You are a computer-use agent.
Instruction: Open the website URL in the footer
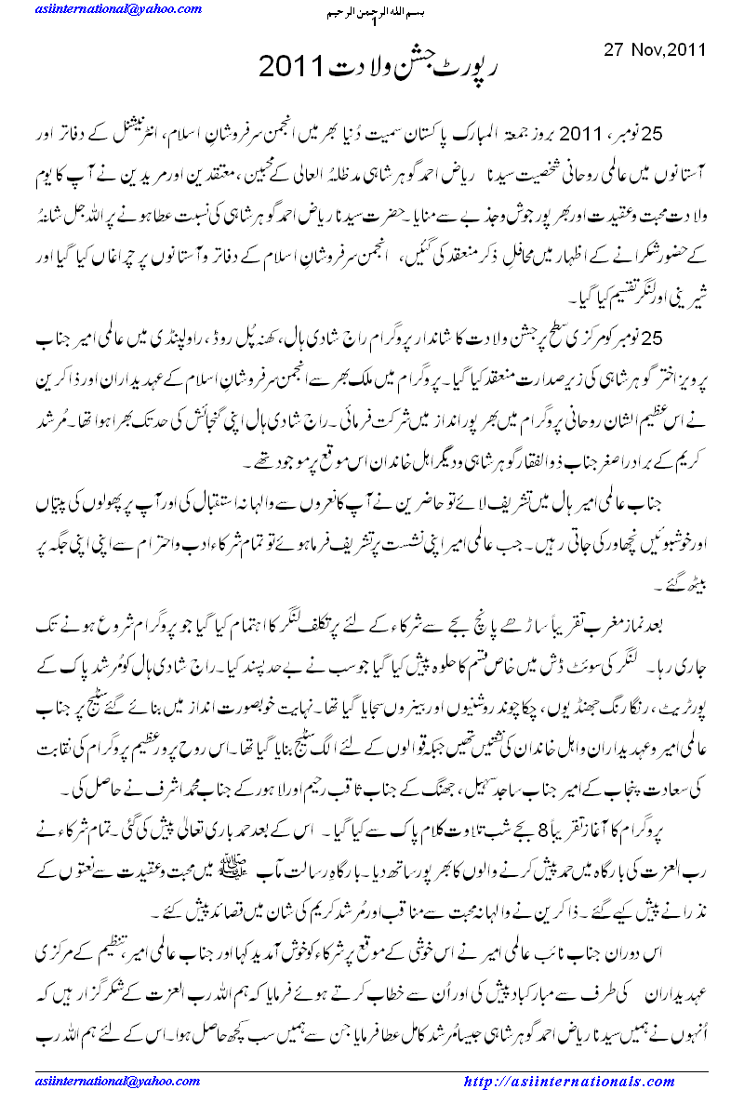click(567, 1082)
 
